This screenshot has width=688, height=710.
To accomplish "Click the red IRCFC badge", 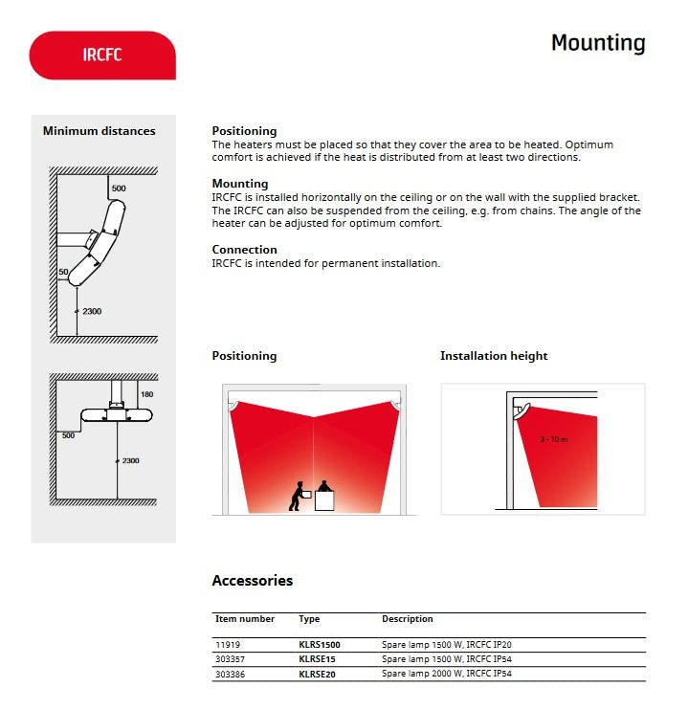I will [x=103, y=55].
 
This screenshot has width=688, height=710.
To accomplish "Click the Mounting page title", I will [x=598, y=43].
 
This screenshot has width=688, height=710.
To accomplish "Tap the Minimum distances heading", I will [x=99, y=131].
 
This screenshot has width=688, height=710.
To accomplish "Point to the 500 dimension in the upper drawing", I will [x=119, y=189].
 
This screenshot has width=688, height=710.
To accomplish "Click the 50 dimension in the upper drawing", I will [x=63, y=273].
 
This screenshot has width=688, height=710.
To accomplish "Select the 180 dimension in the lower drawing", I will [x=146, y=394].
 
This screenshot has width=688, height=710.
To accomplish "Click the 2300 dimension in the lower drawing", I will [x=130, y=461].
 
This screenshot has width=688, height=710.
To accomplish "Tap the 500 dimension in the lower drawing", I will [x=69, y=435].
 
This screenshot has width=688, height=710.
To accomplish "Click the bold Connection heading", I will [x=244, y=250].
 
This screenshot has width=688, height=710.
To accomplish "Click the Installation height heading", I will [x=494, y=356].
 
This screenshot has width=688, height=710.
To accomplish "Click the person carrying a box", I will [x=300, y=496].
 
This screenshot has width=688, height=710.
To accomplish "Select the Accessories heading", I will [x=252, y=581].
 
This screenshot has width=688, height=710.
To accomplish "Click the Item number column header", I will [x=245, y=619].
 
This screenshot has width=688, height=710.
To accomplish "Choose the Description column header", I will [x=408, y=619].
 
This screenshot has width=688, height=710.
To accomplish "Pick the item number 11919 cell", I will [x=227, y=645].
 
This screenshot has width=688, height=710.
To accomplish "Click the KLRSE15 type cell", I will [x=317, y=659].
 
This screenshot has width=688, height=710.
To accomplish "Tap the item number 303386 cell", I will [x=231, y=674].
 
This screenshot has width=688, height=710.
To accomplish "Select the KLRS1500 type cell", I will [x=320, y=645].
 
